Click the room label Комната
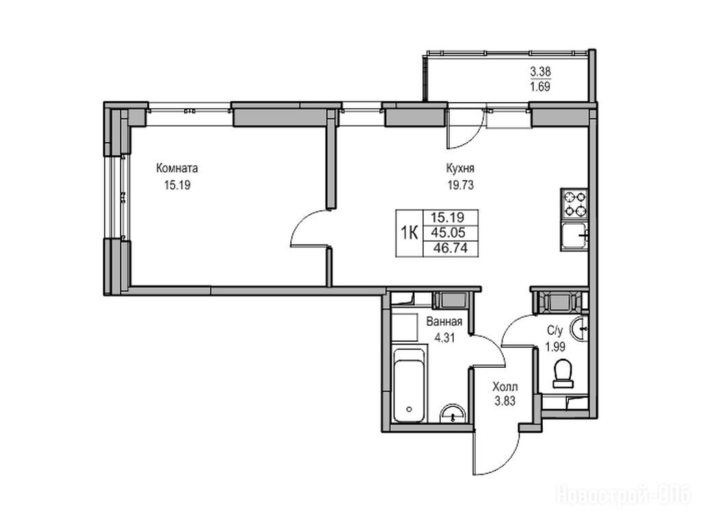[177, 168]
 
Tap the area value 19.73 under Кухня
[461, 185]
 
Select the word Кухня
[460, 168]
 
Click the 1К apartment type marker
[409, 233]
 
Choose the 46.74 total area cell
[450, 248]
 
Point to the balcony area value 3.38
[540, 71]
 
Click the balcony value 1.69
[540, 87]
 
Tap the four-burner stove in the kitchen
[574, 203]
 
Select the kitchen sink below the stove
[574, 236]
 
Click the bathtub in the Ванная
[409, 385]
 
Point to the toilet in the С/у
[563, 374]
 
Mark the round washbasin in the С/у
[580, 329]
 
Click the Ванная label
[444, 322]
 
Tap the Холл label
[505, 386]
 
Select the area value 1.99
[555, 347]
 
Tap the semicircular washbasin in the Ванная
[453, 414]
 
